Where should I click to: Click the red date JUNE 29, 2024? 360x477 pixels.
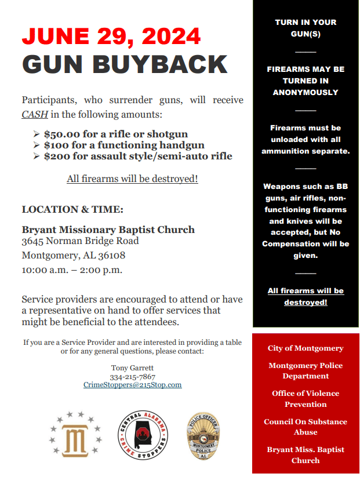coord(111,37)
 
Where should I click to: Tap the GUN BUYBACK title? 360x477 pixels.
coord(125,64)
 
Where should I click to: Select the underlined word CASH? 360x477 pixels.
coord(35,114)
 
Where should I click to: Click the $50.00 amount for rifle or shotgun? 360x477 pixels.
coord(62,134)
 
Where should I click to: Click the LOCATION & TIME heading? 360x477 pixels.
coord(72,209)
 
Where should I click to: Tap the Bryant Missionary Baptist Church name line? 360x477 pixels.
coord(108,230)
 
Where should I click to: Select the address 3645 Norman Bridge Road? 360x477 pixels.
coord(80,241)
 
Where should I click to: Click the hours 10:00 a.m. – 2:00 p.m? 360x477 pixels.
coord(72,270)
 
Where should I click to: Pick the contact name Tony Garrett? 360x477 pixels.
coord(133,367)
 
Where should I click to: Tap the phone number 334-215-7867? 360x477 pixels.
coord(133,376)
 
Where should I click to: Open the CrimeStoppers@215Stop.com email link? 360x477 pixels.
coord(133,385)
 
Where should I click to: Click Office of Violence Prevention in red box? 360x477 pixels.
coord(306,399)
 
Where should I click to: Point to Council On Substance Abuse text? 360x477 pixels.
coord(306,427)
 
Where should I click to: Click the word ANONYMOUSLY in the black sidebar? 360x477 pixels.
coord(306,92)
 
